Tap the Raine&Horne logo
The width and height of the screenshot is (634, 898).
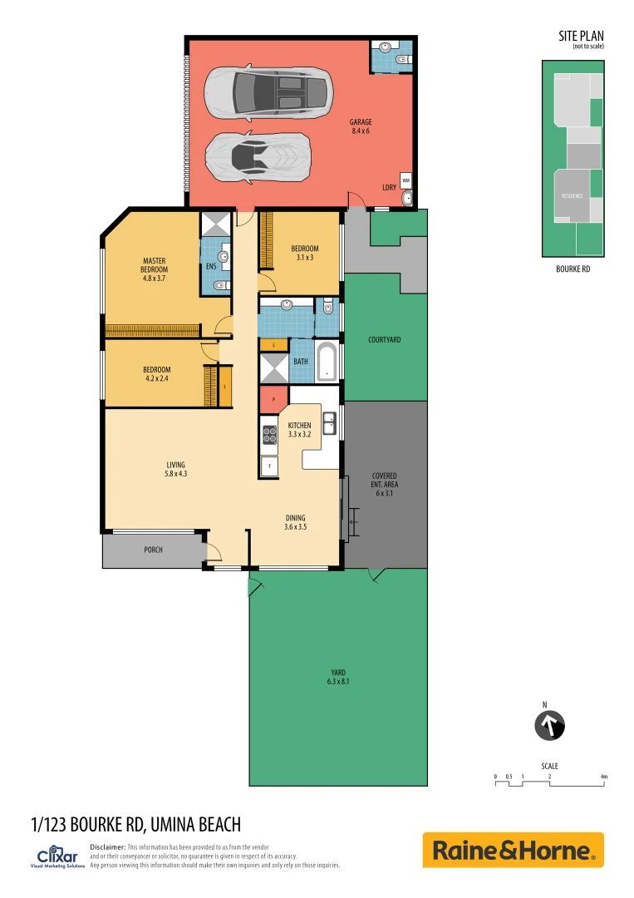pyautogui.click(x=513, y=850)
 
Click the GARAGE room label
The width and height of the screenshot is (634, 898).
pyautogui.click(x=361, y=126)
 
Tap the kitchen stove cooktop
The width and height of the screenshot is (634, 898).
pyautogui.click(x=270, y=434)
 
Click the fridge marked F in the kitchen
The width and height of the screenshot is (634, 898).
pyautogui.click(x=269, y=466)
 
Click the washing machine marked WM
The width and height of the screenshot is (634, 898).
pyautogui.click(x=406, y=180)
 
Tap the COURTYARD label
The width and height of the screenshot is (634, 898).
pyautogui.click(x=384, y=339)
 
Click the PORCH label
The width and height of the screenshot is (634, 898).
pyautogui.click(x=153, y=550)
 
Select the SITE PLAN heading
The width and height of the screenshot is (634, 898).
pyautogui.click(x=581, y=36)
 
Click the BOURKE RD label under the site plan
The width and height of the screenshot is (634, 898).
pyautogui.click(x=573, y=270)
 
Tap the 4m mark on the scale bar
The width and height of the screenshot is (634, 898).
pyautogui.click(x=604, y=777)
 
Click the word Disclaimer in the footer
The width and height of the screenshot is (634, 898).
pyautogui.click(x=107, y=846)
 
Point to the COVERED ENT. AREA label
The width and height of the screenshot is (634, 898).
pyautogui.click(x=384, y=484)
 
